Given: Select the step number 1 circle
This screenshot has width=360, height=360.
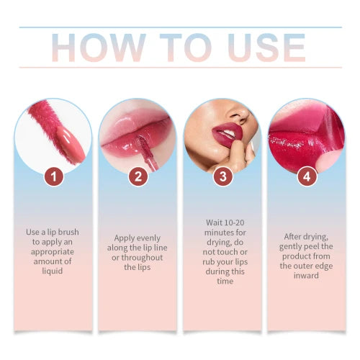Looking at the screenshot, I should coord(53,175).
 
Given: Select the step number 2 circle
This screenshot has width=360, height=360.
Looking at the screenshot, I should coord(138,175).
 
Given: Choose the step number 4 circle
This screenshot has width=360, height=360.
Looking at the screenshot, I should coord(306,175).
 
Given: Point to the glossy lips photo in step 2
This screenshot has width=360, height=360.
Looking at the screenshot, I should coord(138,130).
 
